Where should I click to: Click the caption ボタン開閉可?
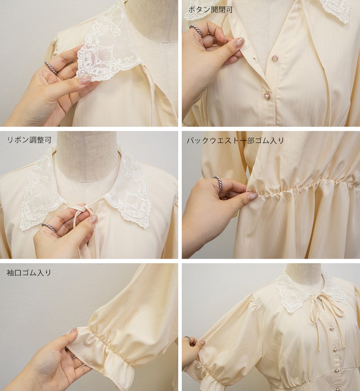[210, 10]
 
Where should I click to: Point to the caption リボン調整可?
[29, 140]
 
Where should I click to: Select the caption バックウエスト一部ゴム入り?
[235, 141]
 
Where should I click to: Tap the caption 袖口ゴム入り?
[29, 273]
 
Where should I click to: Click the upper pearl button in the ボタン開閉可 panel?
[275, 58]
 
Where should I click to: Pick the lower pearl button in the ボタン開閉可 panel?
[267, 95]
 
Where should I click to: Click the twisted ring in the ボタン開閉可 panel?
[196, 30]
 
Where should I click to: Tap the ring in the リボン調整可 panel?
[49, 227]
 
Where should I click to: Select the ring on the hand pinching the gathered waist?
[218, 183]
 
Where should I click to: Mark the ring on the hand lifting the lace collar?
[51, 67]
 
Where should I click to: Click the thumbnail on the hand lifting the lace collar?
[85, 80]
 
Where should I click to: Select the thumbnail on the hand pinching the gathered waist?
[253, 196]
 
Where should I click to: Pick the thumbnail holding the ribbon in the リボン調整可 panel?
[93, 219]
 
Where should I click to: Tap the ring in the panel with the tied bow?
[188, 339]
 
